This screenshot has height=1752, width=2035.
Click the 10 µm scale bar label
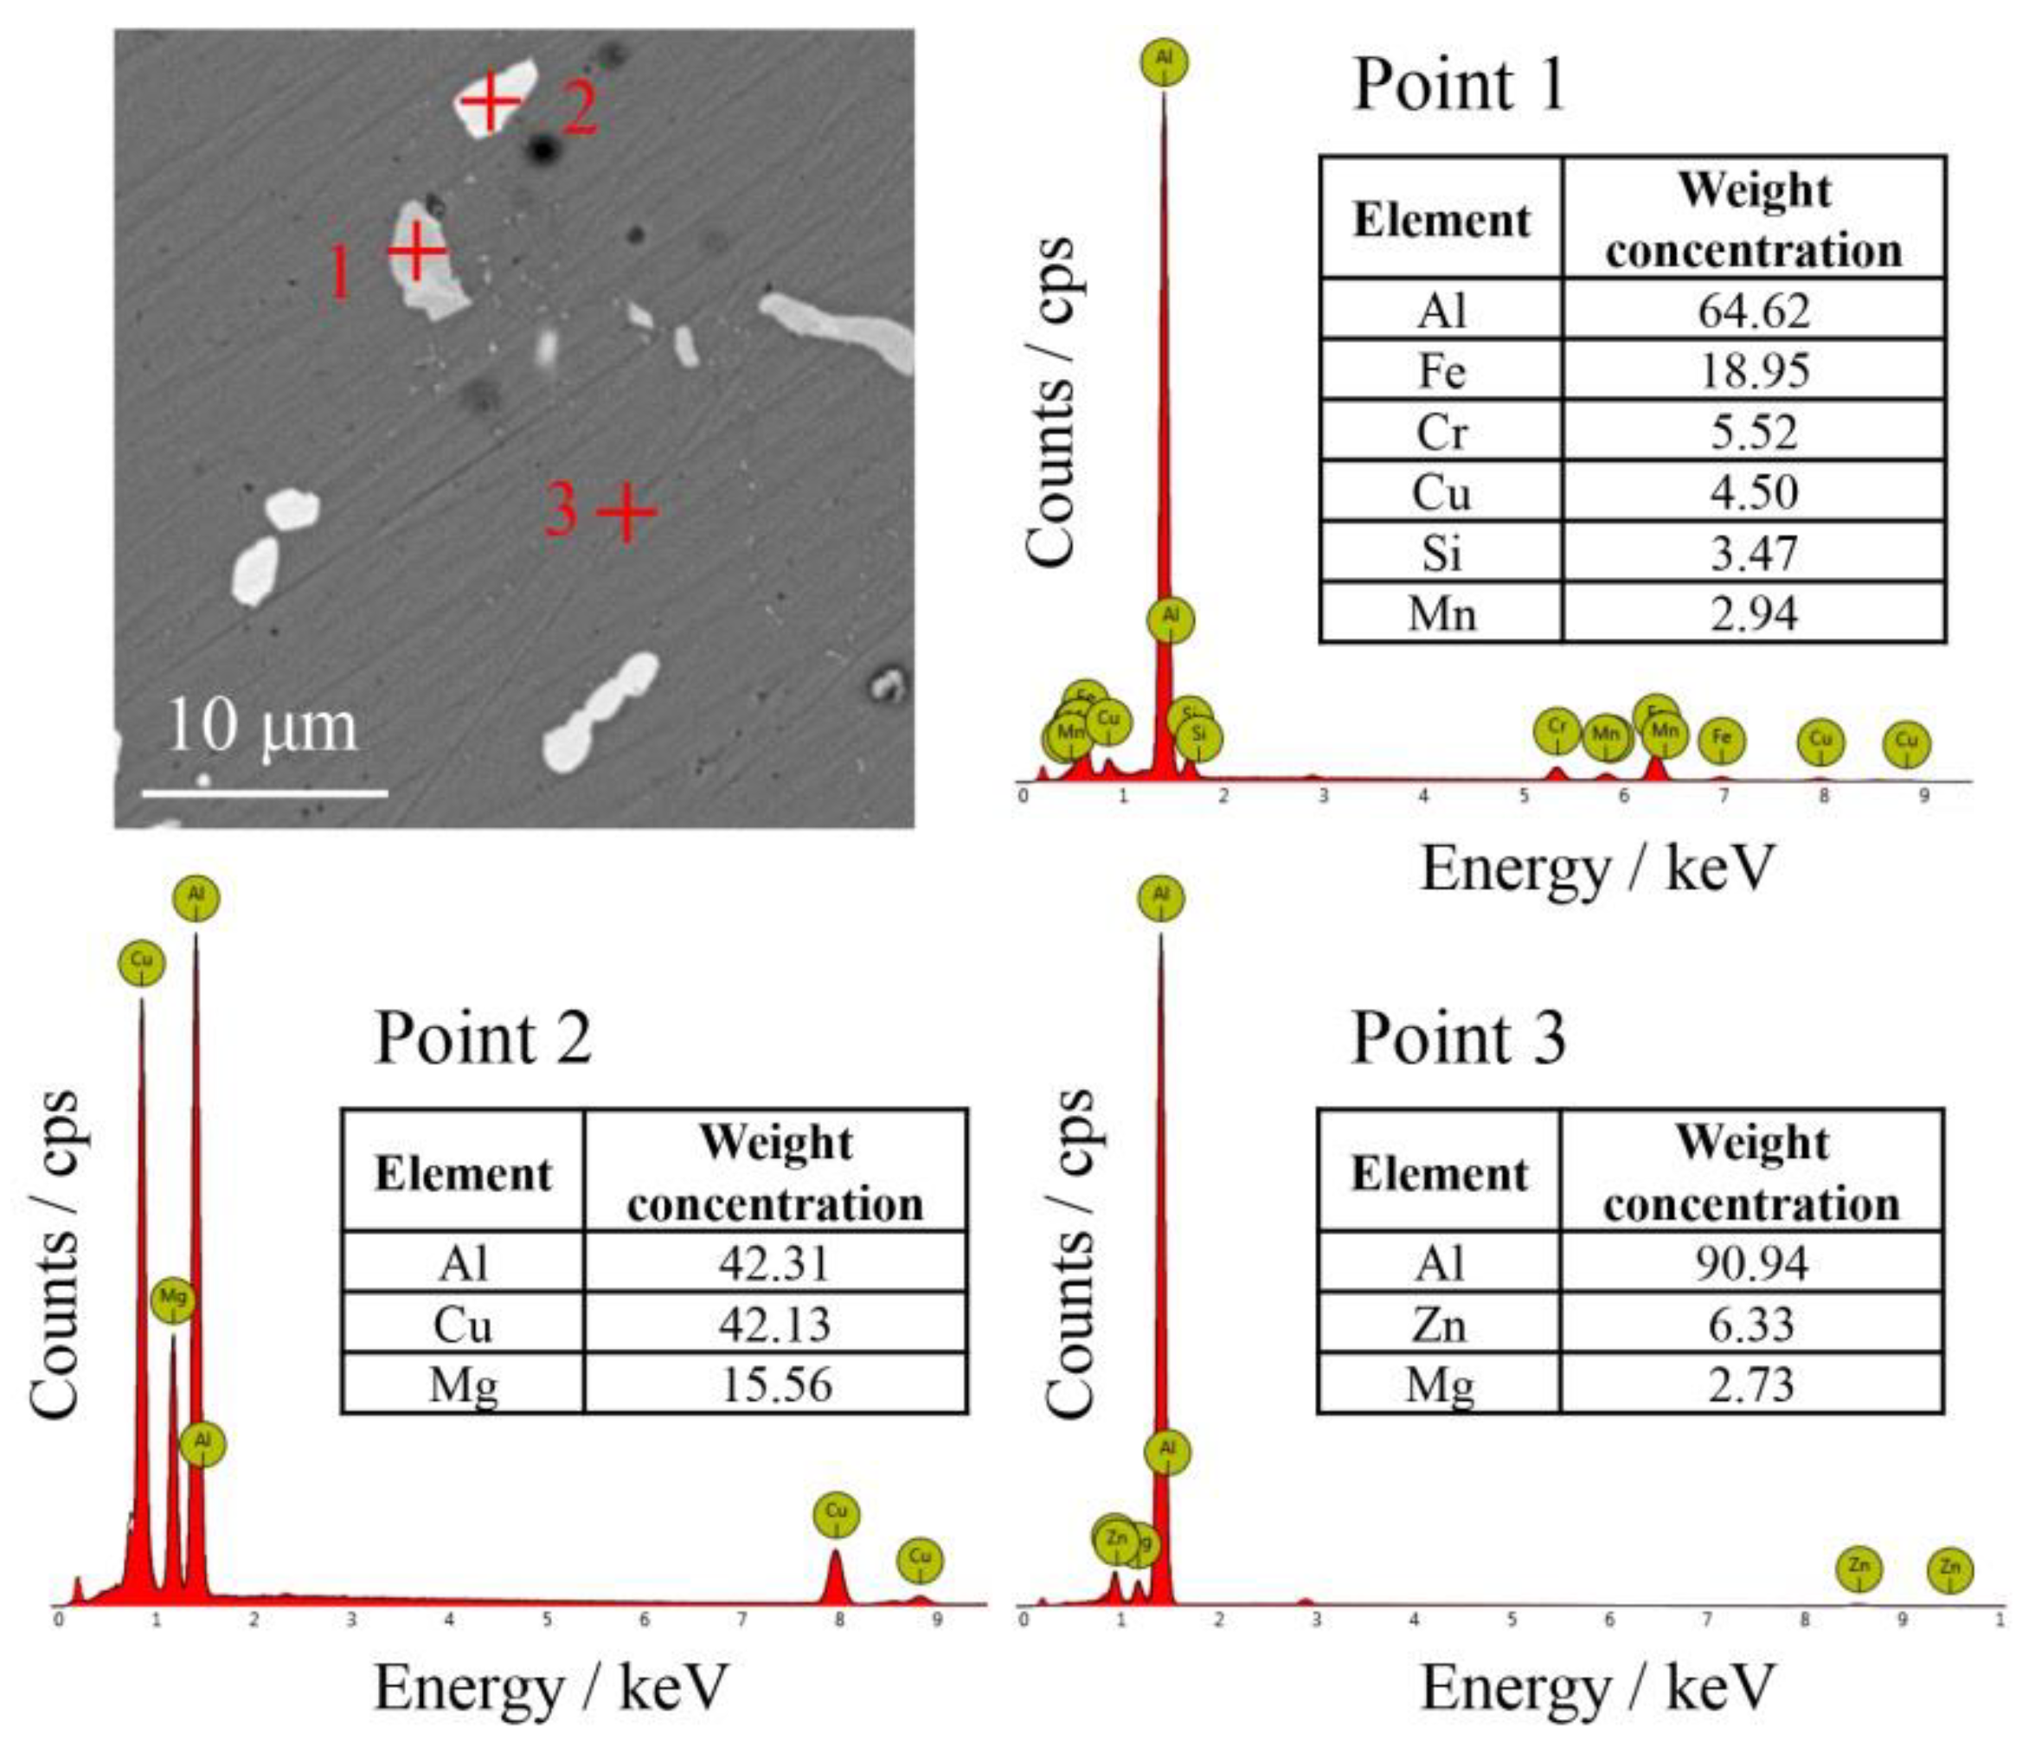pyautogui.click(x=262, y=728)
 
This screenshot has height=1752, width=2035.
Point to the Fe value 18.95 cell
pyautogui.click(x=1754, y=370)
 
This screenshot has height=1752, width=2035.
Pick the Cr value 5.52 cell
pyautogui.click(x=1754, y=431)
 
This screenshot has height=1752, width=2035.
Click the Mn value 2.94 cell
pyautogui.click(x=1754, y=613)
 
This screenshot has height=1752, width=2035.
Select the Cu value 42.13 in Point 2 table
pyautogui.click(x=775, y=1324)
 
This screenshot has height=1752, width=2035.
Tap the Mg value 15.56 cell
pyautogui.click(x=775, y=1384)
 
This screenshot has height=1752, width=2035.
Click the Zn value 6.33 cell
pyautogui.click(x=1751, y=1324)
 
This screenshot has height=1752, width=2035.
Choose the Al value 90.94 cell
pyautogui.click(x=1751, y=1263)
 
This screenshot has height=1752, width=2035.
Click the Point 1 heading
pyautogui.click(x=1460, y=86)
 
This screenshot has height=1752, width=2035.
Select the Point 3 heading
pyautogui.click(x=1460, y=1038)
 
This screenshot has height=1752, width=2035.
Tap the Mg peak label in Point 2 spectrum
pyautogui.click(x=173, y=1299)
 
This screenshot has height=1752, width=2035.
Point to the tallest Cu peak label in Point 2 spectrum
pyautogui.click(x=141, y=962)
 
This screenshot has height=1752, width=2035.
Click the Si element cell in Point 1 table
pyautogui.click(x=1441, y=553)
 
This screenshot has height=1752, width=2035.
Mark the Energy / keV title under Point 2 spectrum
pyautogui.click(x=551, y=1687)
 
